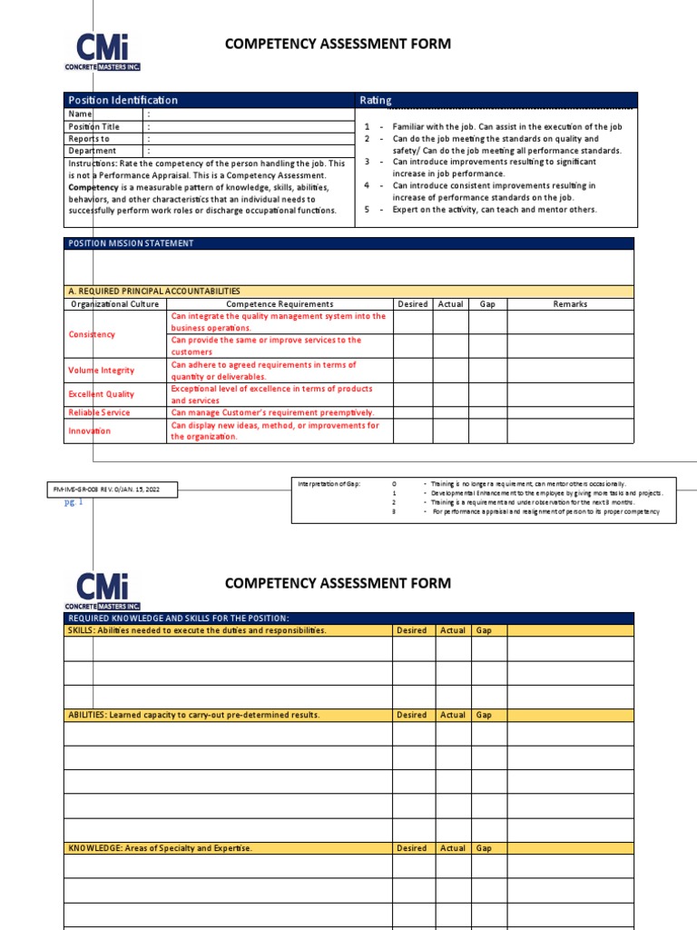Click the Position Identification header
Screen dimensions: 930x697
pos(123,100)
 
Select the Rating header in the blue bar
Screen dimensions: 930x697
pos(377,100)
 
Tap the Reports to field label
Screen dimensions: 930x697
pos(89,139)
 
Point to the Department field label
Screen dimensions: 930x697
pos(93,151)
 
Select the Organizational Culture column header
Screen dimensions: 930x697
pos(114,304)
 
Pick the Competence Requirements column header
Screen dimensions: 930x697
pos(280,304)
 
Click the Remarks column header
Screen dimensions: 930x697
pos(570,304)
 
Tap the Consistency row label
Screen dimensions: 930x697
pos(93,334)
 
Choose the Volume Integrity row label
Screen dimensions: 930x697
pos(102,371)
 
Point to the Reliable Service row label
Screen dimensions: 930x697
pos(100,412)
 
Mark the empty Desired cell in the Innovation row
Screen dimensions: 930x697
pos(412,430)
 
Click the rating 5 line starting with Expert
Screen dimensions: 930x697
pos(495,209)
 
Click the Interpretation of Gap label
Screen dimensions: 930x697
pos(329,484)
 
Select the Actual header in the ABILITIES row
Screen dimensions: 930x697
pos(452,715)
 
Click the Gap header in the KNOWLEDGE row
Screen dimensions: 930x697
pos(485,848)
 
